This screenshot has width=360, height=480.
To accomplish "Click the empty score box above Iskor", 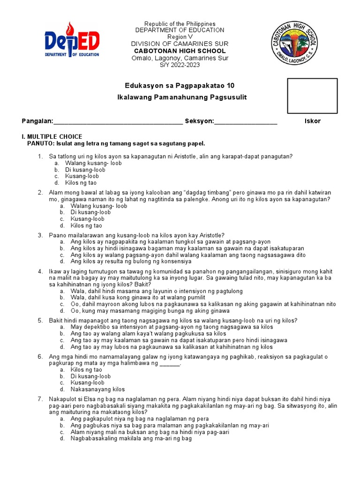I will [312, 96].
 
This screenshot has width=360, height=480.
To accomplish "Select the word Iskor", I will [313, 121].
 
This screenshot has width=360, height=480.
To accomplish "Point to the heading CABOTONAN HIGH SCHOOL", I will [180, 51].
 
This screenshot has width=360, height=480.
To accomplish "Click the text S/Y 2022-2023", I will [180, 65].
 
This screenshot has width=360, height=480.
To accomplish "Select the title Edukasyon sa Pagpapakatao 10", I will [180, 85].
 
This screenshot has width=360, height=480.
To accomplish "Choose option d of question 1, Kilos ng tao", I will [84, 183].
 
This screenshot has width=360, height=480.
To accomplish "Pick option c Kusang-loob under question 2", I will [87, 219].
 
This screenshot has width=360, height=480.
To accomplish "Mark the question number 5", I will [40, 321].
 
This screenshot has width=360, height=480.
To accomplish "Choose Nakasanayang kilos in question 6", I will [97, 389].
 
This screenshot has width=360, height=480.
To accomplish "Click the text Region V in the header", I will [180, 37].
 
